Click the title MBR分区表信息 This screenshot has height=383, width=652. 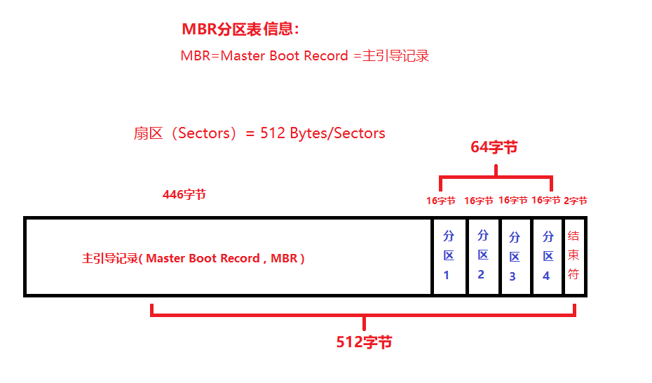tap(240, 29)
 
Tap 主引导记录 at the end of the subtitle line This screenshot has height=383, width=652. tap(395, 56)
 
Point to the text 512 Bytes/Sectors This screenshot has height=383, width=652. tap(322, 133)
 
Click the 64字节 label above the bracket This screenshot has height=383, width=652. tap(494, 147)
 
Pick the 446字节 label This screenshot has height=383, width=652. tap(184, 195)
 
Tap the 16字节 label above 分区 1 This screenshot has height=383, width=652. tap(441, 201)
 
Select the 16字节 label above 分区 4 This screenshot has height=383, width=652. tap(545, 201)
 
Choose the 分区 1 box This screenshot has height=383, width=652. tap(449, 256)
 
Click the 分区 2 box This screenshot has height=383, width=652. tap(482, 256)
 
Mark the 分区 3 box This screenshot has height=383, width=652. tap(515, 256)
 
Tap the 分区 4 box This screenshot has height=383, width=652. tap(547, 256)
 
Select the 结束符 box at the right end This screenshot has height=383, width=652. tap(573, 256)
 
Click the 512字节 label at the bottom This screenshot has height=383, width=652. tap(364, 342)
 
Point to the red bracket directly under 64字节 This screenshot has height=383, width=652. tap(496, 177)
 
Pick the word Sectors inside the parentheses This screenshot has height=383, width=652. tap(203, 133)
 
